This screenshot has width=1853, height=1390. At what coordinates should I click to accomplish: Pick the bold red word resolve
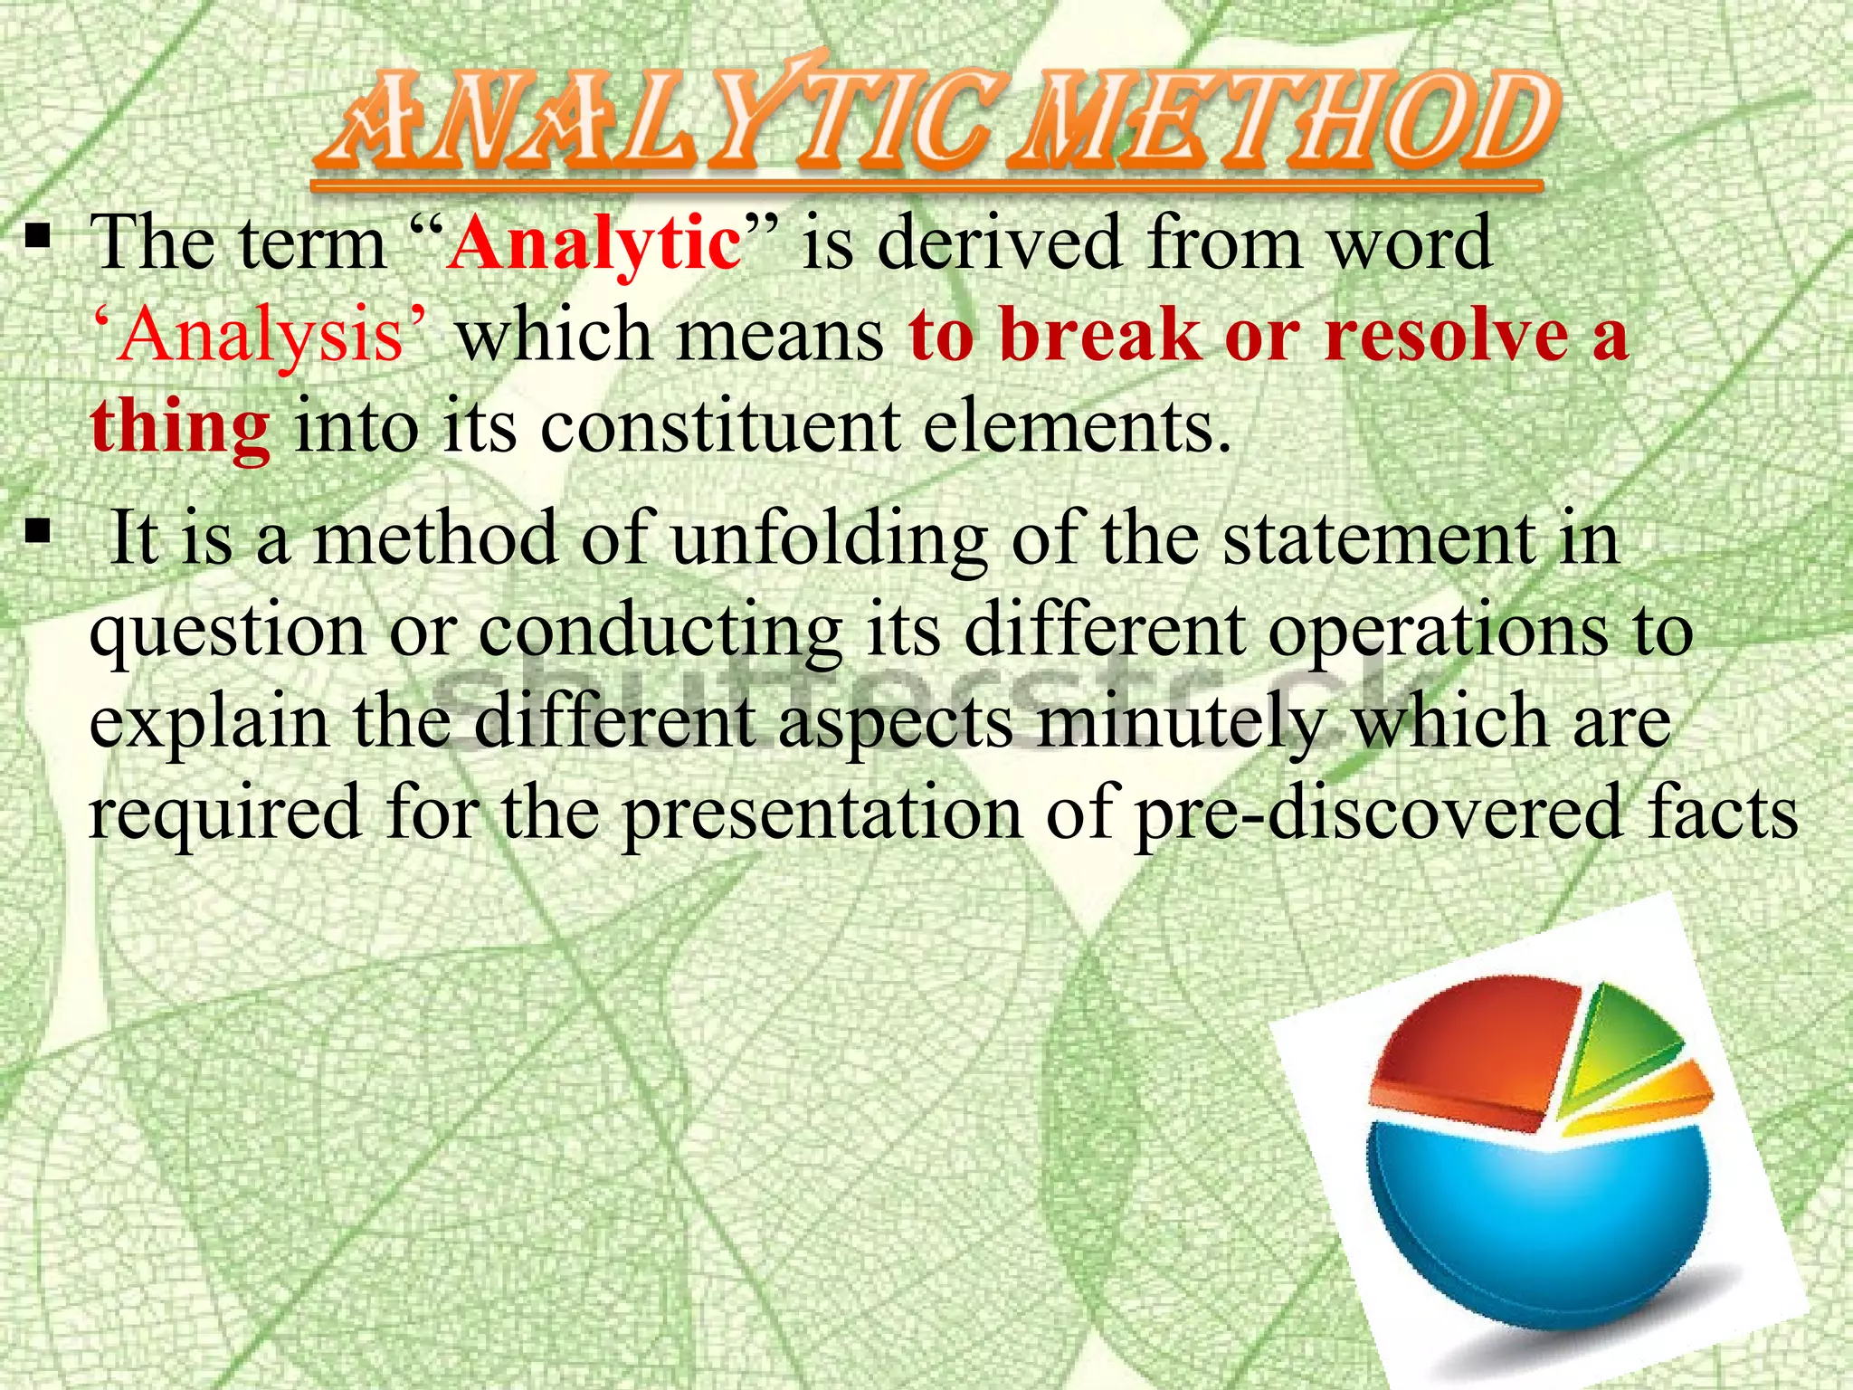pos(1447,335)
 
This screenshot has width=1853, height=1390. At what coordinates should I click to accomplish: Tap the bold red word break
pos(1100,335)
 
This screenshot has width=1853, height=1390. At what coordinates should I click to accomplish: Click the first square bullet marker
pos(37,239)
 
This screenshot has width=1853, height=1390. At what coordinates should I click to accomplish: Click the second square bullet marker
pos(37,532)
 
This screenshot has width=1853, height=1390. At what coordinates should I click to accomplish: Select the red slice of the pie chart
pos(1475,1050)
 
